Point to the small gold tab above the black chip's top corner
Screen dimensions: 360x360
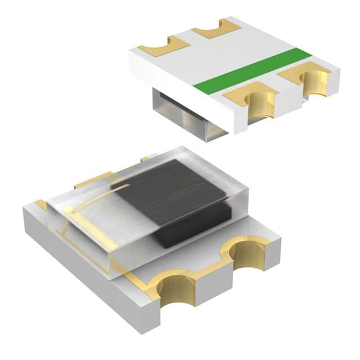(145, 160)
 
